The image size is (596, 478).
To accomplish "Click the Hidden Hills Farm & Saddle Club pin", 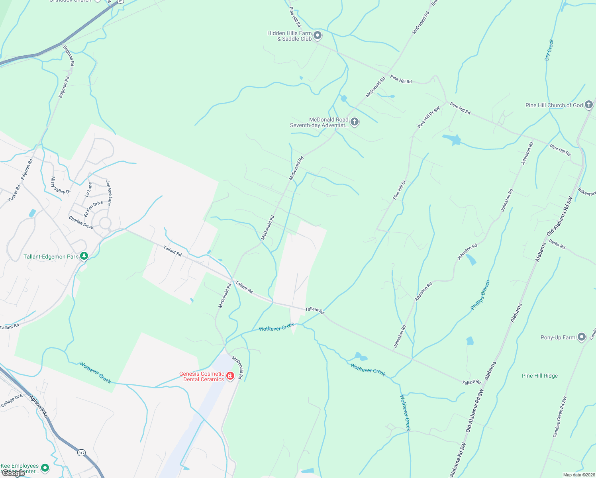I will point(318,36).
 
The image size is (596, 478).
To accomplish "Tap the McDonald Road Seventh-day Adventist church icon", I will point(354,122).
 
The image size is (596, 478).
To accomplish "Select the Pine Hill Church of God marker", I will point(589,105).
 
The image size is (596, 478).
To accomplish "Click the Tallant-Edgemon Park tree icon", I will point(84,256).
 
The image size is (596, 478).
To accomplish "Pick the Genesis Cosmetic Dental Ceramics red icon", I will point(230,376).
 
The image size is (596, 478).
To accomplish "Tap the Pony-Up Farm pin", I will point(582,337).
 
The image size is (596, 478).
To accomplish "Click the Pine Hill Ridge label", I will point(539,376).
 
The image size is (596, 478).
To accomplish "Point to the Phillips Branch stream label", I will point(480,295).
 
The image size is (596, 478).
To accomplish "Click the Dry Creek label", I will point(549,50).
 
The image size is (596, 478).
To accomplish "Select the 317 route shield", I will point(81,453).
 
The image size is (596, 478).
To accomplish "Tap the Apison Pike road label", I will point(39,406).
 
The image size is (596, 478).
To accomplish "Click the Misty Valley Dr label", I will point(60,186).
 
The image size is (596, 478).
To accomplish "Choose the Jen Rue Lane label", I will point(109,193).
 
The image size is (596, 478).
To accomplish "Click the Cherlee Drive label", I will point(80,222).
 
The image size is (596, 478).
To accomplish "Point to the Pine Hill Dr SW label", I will point(429,117).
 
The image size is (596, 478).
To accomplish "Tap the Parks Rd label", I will point(557,244).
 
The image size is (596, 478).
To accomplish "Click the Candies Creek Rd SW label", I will point(559,417).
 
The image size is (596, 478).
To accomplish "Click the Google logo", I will point(13,473).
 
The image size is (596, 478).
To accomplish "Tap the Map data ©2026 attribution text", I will point(578,475).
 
